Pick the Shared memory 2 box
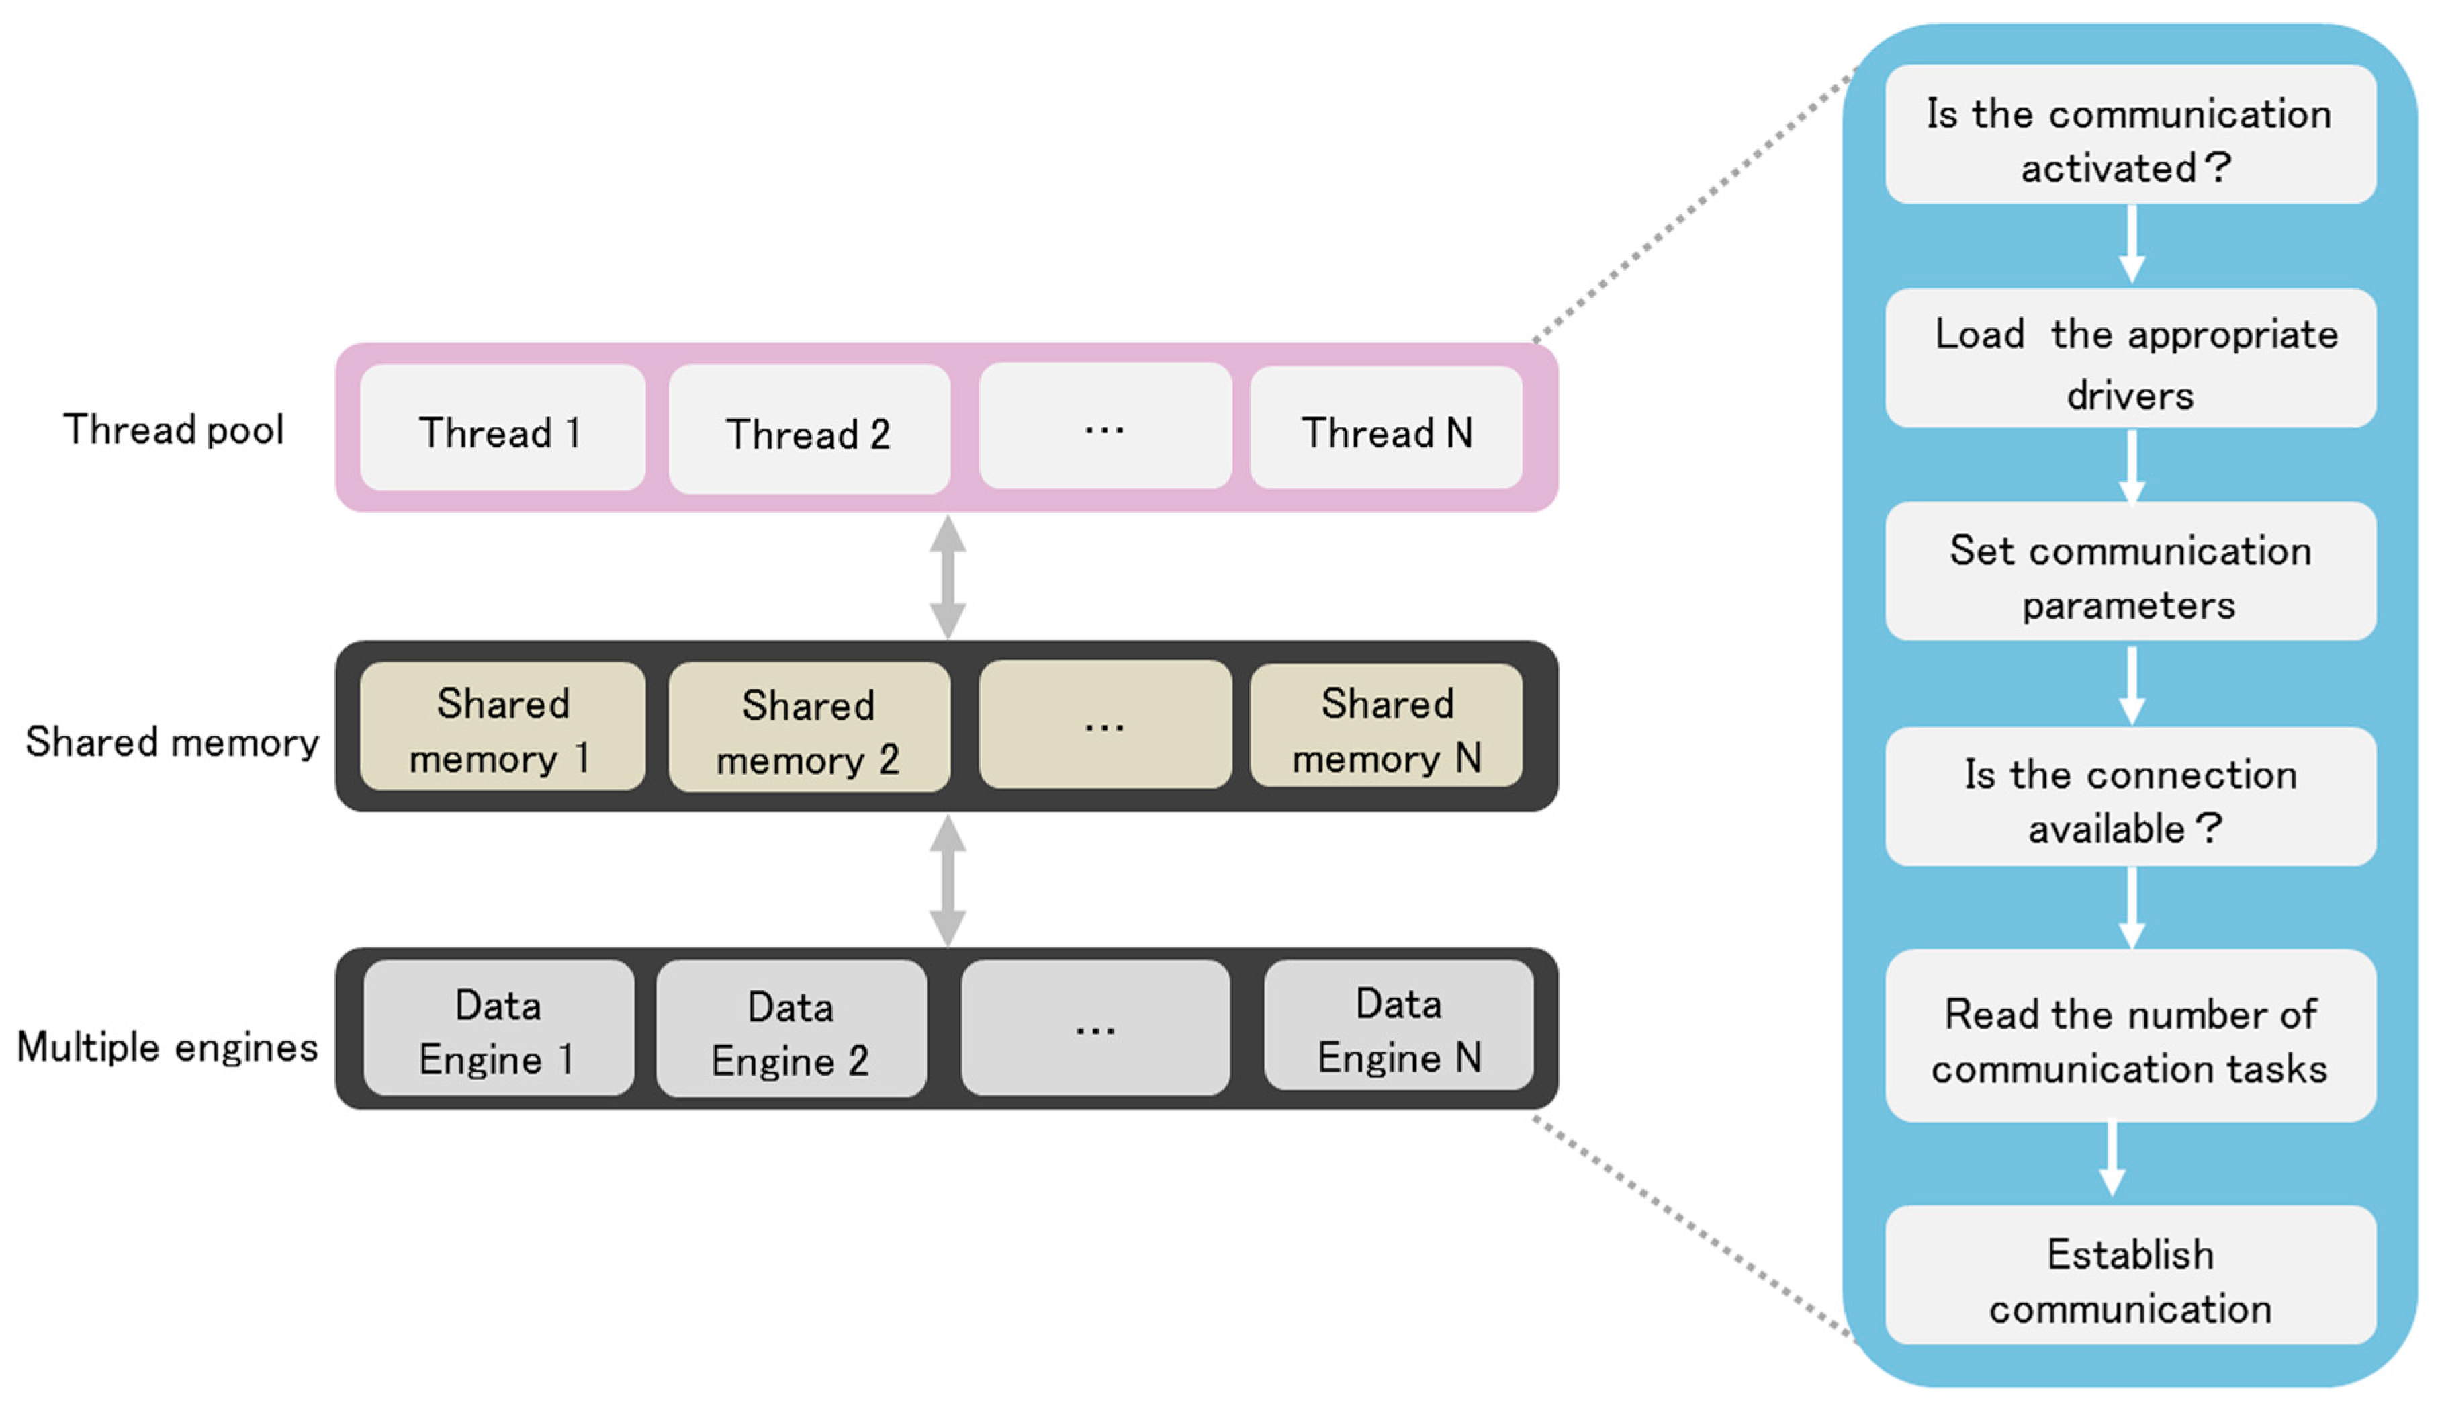pyautogui.click(x=809, y=729)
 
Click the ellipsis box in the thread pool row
pyautogui.click(x=1105, y=427)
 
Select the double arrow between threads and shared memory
pyautogui.click(x=947, y=577)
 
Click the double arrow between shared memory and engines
pyautogui.click(x=947, y=880)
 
